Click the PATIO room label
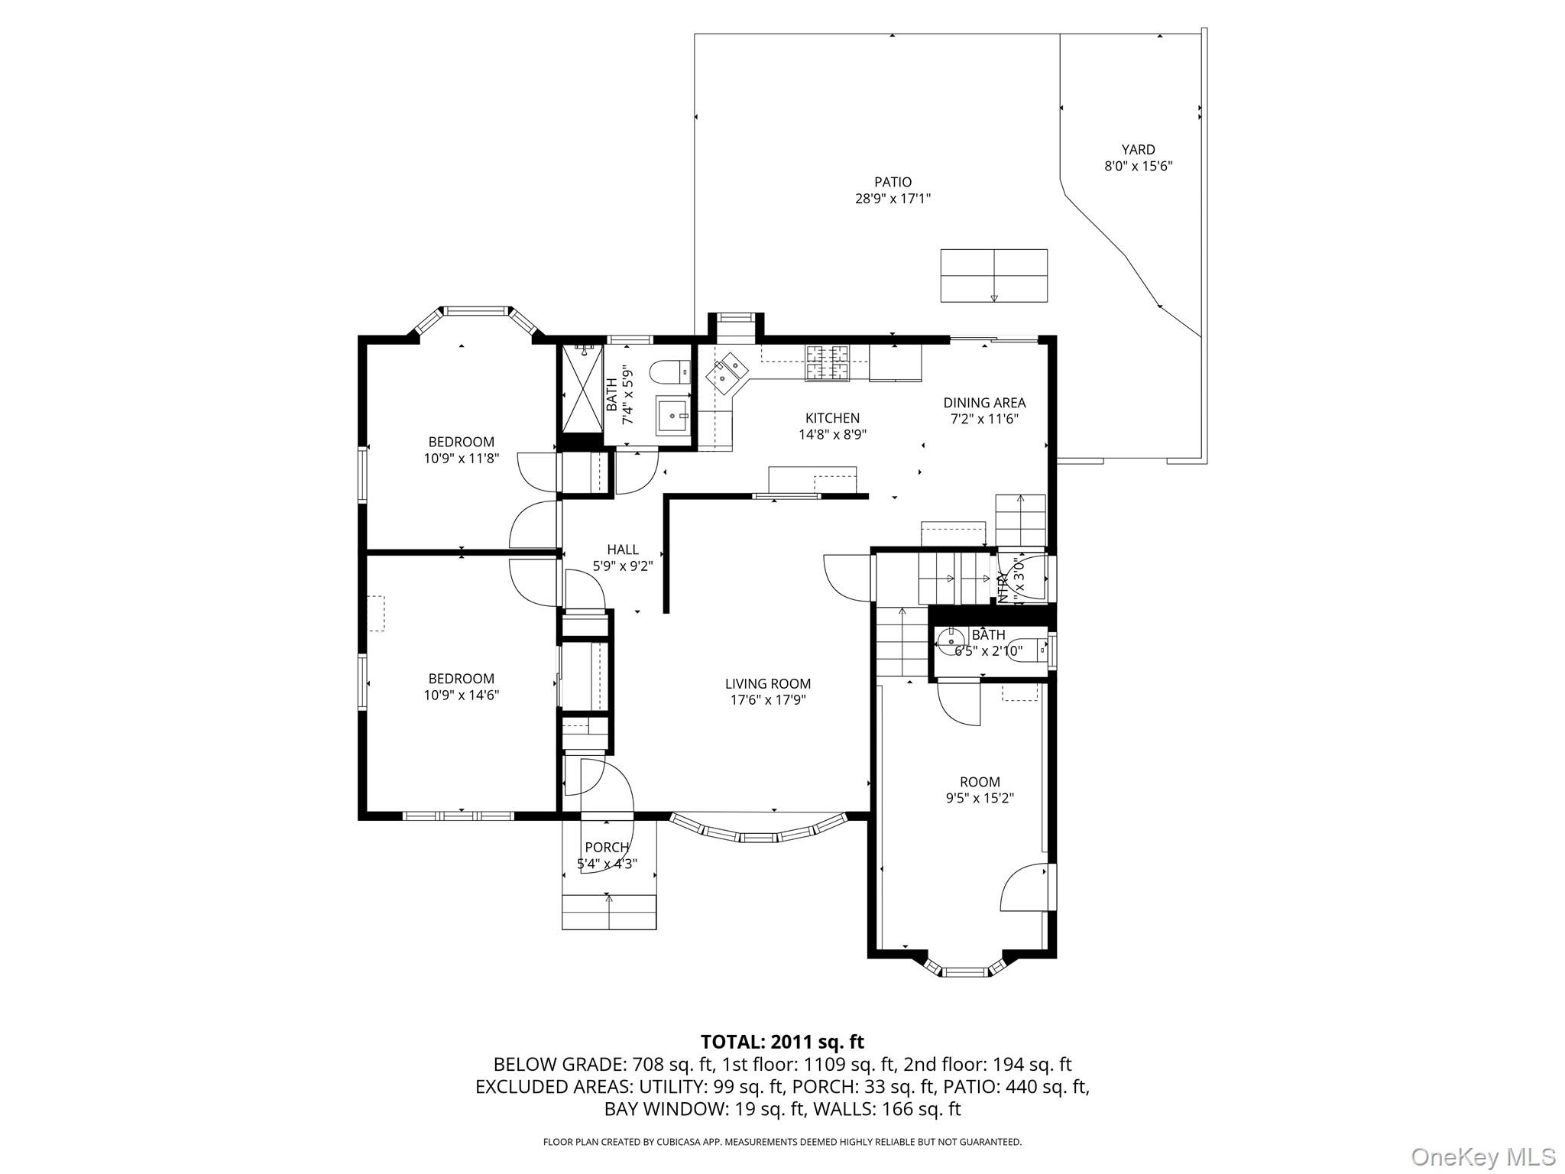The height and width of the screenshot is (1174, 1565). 893,182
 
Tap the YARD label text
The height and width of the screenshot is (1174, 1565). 1138,150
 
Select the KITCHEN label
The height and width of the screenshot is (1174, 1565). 832,418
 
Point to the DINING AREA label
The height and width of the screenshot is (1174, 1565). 984,403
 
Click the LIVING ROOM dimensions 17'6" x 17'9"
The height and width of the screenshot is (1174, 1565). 767,700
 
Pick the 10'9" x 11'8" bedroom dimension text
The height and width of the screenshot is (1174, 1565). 462,459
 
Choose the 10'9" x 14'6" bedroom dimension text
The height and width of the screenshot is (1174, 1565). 462,696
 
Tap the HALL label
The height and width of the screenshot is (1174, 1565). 623,550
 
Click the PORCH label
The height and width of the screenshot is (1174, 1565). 607,848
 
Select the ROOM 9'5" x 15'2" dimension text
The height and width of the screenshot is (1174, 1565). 980,799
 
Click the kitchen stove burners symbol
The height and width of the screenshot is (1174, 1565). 828,362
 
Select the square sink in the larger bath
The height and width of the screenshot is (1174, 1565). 673,415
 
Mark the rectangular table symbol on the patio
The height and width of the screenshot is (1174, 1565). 993,275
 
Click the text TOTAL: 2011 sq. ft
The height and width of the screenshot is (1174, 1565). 782,1042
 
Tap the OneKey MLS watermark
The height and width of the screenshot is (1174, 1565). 1482,1156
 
